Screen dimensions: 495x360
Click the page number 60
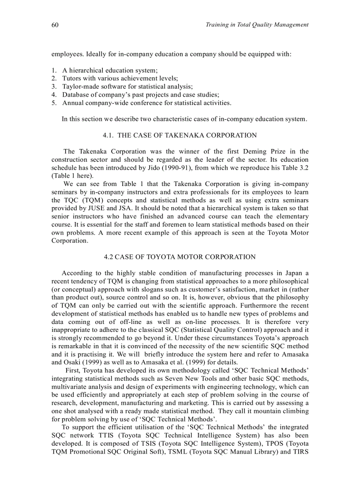(x=55, y=25)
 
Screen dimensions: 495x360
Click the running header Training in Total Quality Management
(x=257, y=25)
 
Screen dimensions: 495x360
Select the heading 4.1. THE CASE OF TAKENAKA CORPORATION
(x=180, y=135)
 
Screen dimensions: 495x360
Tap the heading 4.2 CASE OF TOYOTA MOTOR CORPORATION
(x=180, y=257)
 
